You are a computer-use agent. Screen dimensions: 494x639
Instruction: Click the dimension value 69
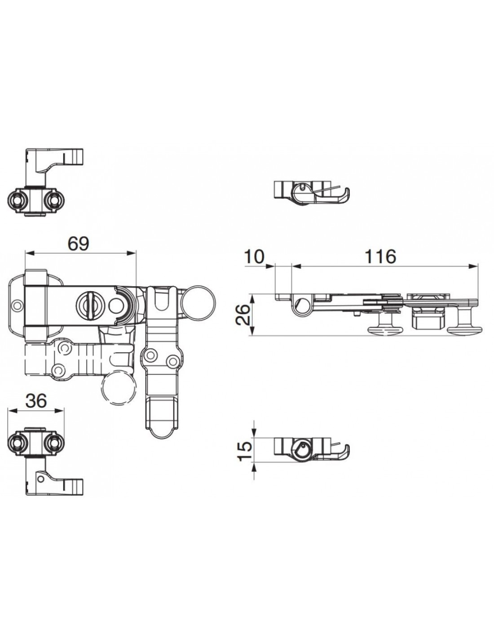click(x=78, y=244)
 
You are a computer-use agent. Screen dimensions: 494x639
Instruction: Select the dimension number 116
click(x=380, y=257)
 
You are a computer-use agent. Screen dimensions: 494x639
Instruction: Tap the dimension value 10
click(x=254, y=257)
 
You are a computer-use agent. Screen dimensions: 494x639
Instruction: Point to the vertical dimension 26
click(x=243, y=315)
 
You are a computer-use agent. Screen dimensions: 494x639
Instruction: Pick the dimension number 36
click(x=36, y=400)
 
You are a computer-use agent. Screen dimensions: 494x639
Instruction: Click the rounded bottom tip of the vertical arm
click(x=162, y=435)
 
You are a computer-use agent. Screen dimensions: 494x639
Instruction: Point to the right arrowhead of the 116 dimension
click(x=473, y=266)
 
